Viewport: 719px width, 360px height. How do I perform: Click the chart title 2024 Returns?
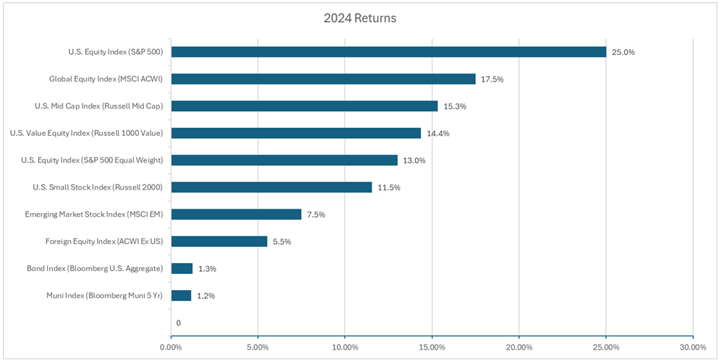(x=359, y=18)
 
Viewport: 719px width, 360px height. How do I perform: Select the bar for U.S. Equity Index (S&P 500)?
(x=389, y=52)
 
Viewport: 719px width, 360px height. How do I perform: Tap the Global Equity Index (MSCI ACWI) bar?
(x=323, y=79)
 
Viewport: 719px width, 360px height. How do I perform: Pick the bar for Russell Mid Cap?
(x=304, y=106)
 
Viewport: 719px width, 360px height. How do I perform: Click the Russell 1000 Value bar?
(x=296, y=133)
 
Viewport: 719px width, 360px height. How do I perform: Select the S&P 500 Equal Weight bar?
(x=284, y=160)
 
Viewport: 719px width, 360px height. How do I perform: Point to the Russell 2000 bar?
(x=271, y=187)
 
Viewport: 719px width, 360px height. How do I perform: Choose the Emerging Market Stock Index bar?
(x=236, y=215)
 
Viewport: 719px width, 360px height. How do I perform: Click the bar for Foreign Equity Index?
(x=219, y=241)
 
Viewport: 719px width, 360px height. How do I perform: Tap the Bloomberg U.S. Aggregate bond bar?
(x=181, y=268)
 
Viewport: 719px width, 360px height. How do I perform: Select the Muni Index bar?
(x=181, y=295)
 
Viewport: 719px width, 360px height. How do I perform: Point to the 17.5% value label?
(x=492, y=79)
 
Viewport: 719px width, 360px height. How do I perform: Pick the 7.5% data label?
(x=316, y=215)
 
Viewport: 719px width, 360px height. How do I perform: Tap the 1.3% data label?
(x=207, y=269)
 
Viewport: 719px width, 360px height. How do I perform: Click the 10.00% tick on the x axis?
(x=345, y=347)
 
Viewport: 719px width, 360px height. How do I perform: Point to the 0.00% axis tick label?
(x=170, y=347)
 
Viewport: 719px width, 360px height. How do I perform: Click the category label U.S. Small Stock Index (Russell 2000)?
(x=98, y=187)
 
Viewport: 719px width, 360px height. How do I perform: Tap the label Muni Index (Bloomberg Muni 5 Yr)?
(x=104, y=295)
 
